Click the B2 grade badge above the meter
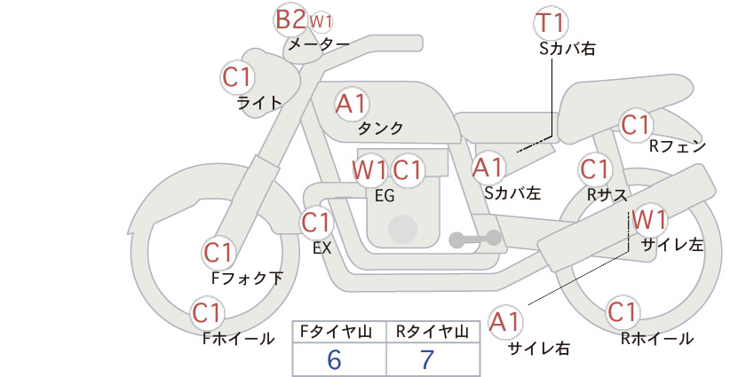(x=290, y=20)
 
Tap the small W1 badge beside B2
(x=321, y=21)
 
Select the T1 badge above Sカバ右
(x=551, y=23)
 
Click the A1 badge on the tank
(x=352, y=104)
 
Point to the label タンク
(x=380, y=129)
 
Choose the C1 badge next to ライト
(x=237, y=77)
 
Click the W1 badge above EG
(x=369, y=169)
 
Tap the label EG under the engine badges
(x=385, y=196)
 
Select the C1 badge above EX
(x=316, y=223)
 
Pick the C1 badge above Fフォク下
(x=218, y=254)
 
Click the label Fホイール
(x=238, y=339)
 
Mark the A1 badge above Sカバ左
(x=488, y=168)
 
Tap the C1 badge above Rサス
(x=595, y=169)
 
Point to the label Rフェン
(x=678, y=146)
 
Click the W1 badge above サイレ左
(x=649, y=220)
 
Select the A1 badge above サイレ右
(x=505, y=322)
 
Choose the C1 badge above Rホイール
(x=622, y=312)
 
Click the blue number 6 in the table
(x=334, y=359)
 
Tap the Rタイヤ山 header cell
(x=433, y=332)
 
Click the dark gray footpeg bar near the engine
(x=475, y=239)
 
